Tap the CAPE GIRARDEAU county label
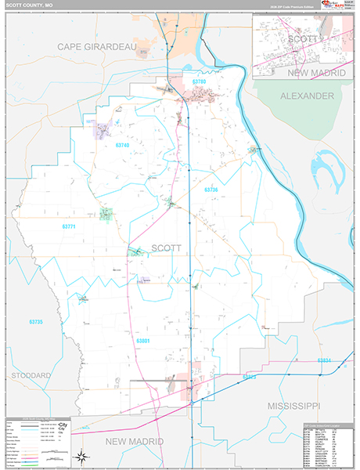pos(97,48)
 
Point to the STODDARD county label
pos(31,376)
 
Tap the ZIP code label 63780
pos(199,82)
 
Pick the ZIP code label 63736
pos(211,190)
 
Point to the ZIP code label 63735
pos(34,322)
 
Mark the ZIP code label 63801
pos(142,341)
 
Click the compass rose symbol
pos(81,456)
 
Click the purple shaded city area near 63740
pos(102,128)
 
